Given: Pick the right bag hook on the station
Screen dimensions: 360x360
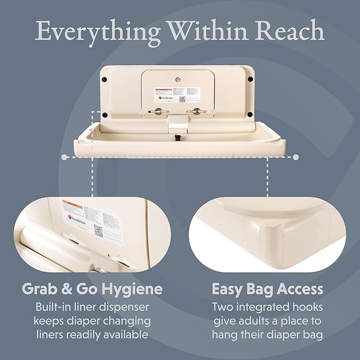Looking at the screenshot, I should pos(197,111).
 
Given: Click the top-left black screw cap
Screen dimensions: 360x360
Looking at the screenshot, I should pos(105,80).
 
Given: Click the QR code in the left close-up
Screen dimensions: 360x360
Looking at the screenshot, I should pos(99,231).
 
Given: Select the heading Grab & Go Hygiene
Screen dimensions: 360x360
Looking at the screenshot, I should pos(92,289).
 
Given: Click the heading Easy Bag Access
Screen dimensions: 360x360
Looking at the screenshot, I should pos(267,289).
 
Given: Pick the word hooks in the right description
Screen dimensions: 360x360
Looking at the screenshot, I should pos(307,307).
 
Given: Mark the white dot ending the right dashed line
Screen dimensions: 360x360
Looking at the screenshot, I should pos(296,157).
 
